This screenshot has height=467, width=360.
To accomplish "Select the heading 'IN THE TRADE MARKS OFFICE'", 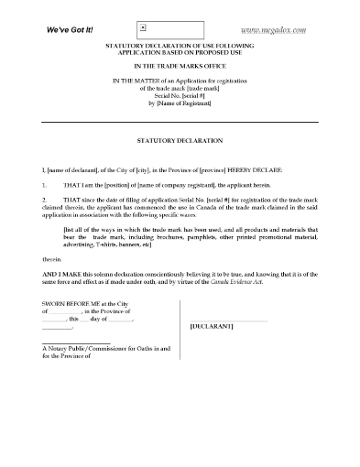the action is (180, 67).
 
